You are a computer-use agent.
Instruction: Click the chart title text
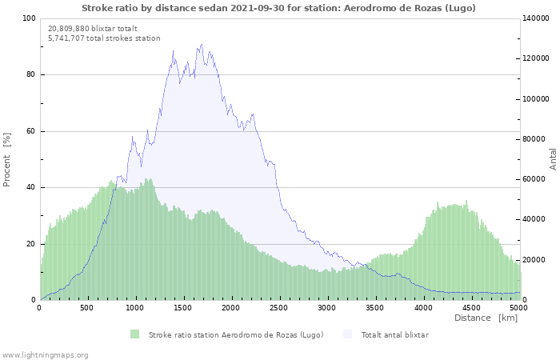tap(278, 8)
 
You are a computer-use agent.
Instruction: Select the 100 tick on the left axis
tap(29, 18)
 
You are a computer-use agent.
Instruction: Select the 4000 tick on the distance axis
tap(422, 307)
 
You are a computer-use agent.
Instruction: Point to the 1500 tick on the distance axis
tap(183, 307)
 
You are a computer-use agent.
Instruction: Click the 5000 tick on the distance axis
tap(518, 307)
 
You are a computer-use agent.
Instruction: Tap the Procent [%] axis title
tap(7, 160)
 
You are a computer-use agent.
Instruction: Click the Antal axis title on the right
tap(553, 158)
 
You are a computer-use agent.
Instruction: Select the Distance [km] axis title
tap(486, 318)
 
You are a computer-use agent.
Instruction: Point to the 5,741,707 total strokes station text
tap(104, 38)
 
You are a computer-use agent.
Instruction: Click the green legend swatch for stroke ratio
tap(134, 334)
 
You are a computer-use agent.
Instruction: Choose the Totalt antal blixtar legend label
tap(394, 334)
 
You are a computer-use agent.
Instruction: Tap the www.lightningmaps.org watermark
tap(44, 354)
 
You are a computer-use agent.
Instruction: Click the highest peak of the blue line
tap(202, 45)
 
